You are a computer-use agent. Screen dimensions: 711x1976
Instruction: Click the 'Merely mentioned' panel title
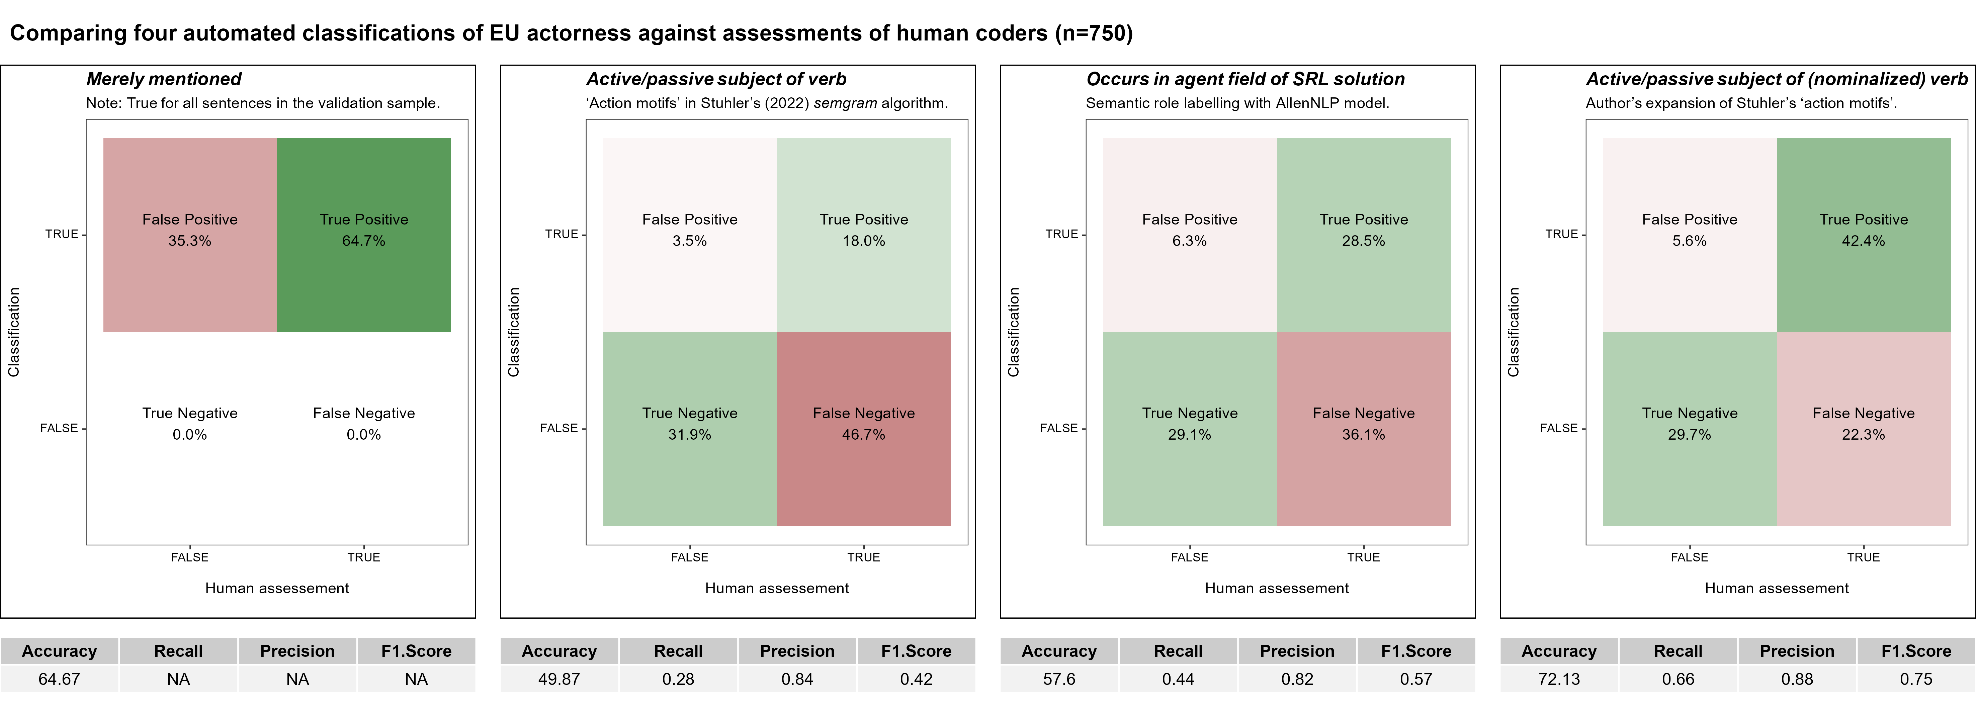(x=163, y=79)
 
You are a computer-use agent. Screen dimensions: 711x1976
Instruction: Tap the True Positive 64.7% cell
(x=364, y=234)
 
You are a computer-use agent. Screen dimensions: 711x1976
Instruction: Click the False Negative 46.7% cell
(x=864, y=428)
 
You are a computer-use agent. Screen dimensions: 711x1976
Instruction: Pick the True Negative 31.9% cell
(x=690, y=428)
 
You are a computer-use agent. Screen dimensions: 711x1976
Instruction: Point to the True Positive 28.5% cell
(x=1363, y=234)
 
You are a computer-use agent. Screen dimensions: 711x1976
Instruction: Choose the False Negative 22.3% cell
(x=1863, y=428)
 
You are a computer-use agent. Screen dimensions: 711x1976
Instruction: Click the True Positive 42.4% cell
(x=1863, y=234)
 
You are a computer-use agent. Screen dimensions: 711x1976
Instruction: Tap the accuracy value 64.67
(x=59, y=679)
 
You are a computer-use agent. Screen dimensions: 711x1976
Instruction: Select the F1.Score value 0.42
(x=916, y=679)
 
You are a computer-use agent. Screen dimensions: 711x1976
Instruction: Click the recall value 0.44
(x=1178, y=679)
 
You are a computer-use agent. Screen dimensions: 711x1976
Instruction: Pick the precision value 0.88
(x=1797, y=679)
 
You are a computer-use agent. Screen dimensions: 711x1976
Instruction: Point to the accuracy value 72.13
(x=1559, y=679)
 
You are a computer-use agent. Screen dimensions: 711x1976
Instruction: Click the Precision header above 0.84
(x=797, y=651)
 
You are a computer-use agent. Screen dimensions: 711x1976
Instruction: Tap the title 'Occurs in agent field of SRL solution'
(x=1245, y=79)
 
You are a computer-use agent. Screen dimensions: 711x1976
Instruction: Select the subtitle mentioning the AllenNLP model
(x=1237, y=103)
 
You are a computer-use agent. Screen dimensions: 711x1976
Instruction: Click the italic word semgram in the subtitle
(x=845, y=103)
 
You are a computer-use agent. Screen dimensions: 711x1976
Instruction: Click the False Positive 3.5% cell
(x=690, y=234)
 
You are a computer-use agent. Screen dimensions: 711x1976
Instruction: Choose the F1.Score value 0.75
(x=1915, y=679)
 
